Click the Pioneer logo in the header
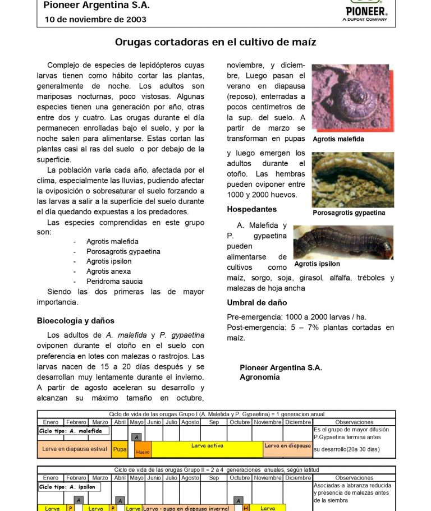coord(366,10)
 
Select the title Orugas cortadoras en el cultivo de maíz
coord(215,42)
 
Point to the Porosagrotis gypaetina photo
coord(353,179)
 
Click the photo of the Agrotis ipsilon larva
coord(343,242)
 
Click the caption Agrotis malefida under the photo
coord(338,139)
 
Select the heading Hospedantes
coord(251,209)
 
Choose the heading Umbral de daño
coord(256,303)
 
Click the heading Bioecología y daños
coord(76,321)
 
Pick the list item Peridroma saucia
coord(114,282)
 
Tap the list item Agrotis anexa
coord(108,271)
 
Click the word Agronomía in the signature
coord(259,378)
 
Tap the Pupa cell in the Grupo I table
coord(120,449)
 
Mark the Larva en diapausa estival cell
coord(75,449)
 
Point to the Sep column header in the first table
coord(214,422)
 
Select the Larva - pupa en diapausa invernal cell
coord(188,508)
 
